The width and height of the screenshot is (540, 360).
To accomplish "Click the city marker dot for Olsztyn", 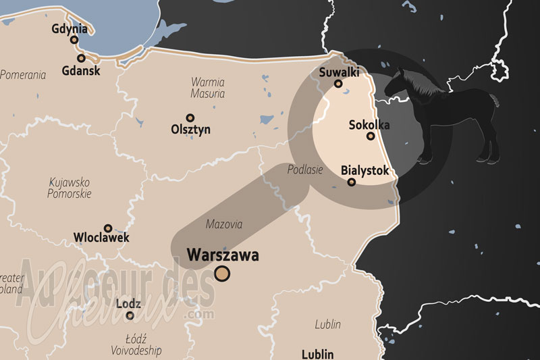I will click(x=190, y=118).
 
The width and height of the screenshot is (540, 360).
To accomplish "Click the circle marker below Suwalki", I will click(x=338, y=84).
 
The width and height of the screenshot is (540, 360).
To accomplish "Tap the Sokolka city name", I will click(x=369, y=124).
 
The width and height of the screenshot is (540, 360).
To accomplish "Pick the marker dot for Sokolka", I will click(x=371, y=136).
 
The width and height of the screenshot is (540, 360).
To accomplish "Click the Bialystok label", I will click(x=365, y=170).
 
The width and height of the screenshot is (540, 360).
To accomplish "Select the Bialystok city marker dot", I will click(x=351, y=182).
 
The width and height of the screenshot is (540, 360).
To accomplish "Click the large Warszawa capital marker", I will click(x=222, y=273).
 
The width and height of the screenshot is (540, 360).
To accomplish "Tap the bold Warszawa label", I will click(x=223, y=255).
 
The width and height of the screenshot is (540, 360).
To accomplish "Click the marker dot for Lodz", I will click(x=130, y=315).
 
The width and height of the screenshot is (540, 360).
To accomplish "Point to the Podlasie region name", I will click(x=306, y=170).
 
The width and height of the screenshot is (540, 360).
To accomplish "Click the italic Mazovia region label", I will click(x=223, y=224).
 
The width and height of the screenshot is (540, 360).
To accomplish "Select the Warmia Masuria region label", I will click(x=208, y=88).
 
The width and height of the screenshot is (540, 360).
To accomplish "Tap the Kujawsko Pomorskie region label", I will click(x=70, y=188).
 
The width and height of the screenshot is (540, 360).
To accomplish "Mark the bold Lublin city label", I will click(x=317, y=354).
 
